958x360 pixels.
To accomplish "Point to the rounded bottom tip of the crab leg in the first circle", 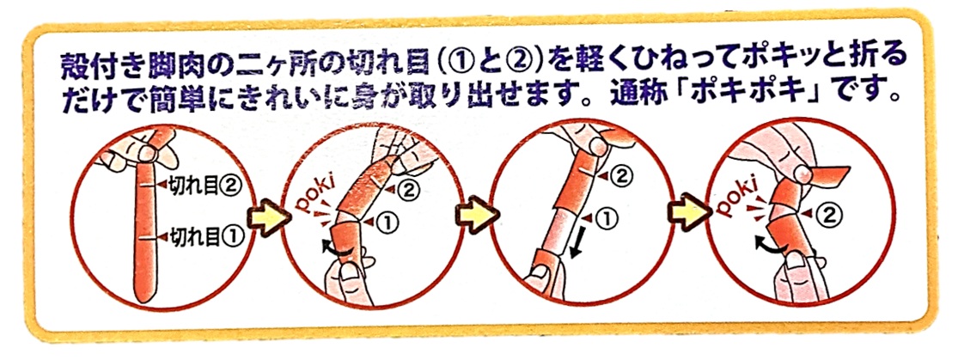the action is pyautogui.click(x=143, y=302).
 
